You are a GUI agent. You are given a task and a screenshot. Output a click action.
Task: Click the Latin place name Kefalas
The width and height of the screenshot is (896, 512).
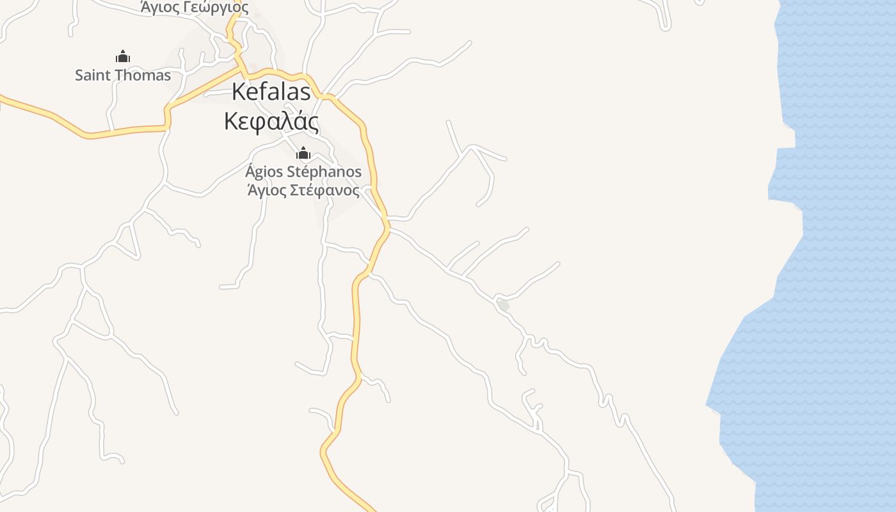tap(271, 92)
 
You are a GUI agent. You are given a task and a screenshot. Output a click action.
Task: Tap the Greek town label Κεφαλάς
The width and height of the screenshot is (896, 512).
tap(271, 120)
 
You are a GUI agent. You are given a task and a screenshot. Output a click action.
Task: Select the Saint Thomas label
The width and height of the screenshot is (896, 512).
tap(123, 75)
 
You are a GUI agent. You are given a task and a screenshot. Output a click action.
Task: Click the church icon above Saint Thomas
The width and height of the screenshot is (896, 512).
tap(123, 56)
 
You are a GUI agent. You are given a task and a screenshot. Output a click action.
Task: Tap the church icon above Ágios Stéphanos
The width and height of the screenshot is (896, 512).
tap(303, 153)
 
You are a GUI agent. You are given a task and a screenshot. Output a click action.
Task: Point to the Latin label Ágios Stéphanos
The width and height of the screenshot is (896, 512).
tap(303, 172)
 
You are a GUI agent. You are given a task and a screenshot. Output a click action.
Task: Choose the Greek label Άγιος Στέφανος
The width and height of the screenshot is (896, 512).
tap(303, 190)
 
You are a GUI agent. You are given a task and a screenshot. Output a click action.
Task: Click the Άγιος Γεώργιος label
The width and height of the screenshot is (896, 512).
tap(195, 8)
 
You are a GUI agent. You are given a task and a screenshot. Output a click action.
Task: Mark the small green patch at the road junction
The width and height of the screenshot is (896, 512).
tap(504, 305)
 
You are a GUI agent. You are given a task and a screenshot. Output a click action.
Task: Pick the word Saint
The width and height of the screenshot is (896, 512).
tap(90, 75)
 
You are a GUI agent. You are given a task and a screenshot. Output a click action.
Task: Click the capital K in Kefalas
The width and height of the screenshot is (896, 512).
tap(238, 92)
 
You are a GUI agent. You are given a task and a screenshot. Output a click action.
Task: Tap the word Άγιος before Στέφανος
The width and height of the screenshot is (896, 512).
tap(267, 190)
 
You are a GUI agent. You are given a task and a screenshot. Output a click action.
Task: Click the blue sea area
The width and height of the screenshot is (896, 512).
tap(832, 256)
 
